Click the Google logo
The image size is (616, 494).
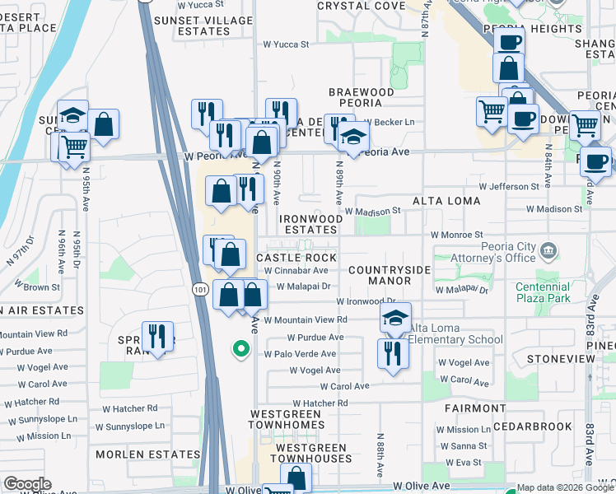coord(27,484)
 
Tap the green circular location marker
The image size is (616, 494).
coord(240,350)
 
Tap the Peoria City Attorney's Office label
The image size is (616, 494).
coord(490,254)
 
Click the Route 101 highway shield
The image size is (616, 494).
coord(201,289)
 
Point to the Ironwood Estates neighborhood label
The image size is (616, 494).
coord(310,224)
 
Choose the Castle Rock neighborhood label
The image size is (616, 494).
coord(296,258)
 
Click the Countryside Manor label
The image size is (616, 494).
coord(390,275)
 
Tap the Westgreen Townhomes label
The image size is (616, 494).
coord(293,419)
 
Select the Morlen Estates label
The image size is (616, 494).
coord(148,454)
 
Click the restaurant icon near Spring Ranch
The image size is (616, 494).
coord(156,336)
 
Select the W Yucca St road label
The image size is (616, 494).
coord(285,44)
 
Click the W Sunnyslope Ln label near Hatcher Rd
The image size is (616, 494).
coord(129,426)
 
